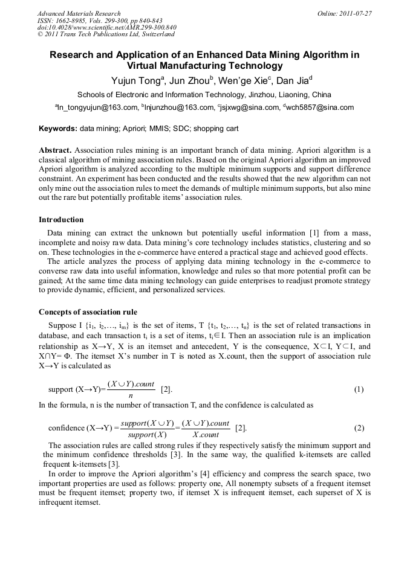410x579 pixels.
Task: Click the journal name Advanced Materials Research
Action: click(x=79, y=13)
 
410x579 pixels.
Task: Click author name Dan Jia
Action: click(x=294, y=81)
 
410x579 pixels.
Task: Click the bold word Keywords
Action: click(x=58, y=129)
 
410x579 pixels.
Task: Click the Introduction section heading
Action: click(x=61, y=219)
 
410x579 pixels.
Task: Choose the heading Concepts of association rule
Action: click(x=88, y=312)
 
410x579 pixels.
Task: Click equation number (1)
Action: click(x=359, y=389)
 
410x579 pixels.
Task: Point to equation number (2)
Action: click(x=359, y=428)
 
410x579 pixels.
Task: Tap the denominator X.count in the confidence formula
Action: click(x=205, y=435)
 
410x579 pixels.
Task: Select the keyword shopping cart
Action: click(x=216, y=129)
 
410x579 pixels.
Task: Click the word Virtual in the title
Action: click(x=146, y=66)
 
